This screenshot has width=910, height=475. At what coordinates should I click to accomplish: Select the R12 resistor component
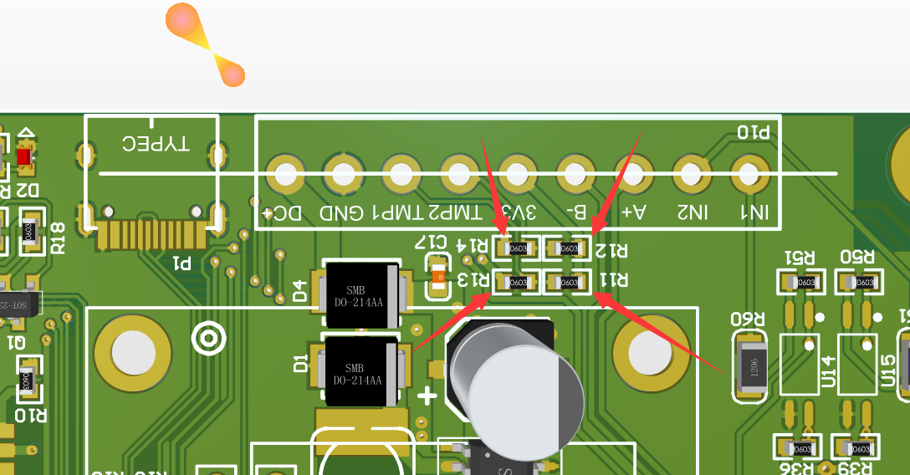(x=568, y=248)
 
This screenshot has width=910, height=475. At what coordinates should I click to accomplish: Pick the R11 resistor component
(x=568, y=282)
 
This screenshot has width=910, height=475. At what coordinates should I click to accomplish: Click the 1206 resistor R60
(x=749, y=365)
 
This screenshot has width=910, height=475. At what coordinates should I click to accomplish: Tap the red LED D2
(x=24, y=156)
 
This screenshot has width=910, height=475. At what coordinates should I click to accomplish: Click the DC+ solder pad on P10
(x=285, y=175)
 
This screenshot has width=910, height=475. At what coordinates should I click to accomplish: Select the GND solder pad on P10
(x=343, y=175)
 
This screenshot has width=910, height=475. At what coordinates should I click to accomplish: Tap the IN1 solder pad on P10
(x=749, y=175)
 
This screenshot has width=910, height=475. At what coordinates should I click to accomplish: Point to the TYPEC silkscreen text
(x=156, y=144)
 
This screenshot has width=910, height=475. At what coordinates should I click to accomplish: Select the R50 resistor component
(x=859, y=282)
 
